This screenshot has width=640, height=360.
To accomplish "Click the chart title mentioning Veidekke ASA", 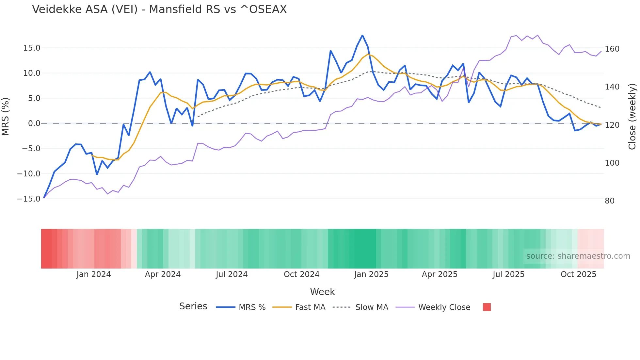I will point(159,9).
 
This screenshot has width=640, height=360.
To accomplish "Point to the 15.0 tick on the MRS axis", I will point(32,48).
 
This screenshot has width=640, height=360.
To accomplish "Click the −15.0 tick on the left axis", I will point(29,199).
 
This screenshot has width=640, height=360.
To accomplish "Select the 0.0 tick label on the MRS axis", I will point(34,123).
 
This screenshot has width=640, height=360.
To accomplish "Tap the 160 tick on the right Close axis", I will point(612,49).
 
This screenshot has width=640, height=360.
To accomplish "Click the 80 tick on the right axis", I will point(610,201).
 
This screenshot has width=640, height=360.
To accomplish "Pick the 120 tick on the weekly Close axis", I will point(612,125).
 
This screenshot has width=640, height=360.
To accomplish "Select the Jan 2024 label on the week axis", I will point(94,274).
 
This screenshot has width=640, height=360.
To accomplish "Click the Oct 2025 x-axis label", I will point(578,274).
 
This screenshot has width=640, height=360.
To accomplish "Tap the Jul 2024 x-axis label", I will point(232,274).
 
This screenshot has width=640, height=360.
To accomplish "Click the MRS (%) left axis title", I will point(6,116).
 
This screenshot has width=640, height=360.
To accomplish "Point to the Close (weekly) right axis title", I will point(632,117).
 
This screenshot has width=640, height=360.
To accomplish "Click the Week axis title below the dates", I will point(322,292).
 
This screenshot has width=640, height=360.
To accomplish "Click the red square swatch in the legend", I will point(487,307).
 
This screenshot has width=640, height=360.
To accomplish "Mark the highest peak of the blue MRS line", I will point(362,35).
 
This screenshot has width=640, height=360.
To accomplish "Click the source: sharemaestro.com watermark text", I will point(578,256).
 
